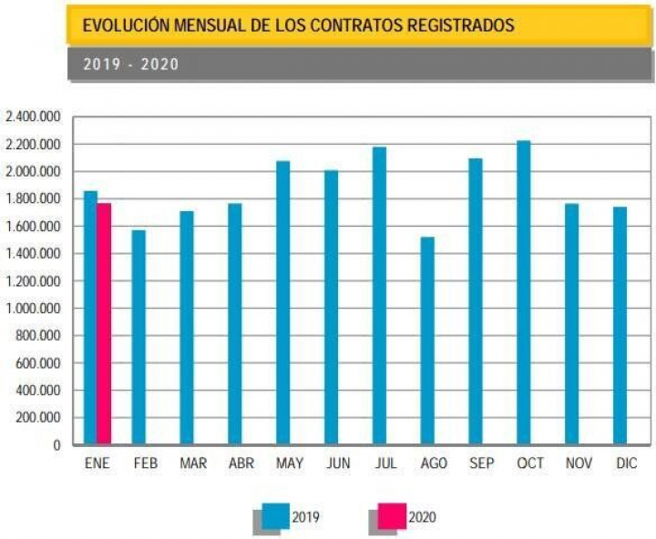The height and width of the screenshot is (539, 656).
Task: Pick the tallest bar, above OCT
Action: (523, 292)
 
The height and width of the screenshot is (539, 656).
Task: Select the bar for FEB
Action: (138, 337)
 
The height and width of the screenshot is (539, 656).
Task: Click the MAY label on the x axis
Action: (289, 463)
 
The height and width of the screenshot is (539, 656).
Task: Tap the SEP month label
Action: (481, 463)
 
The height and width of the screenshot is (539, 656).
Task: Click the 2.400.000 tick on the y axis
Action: (33, 117)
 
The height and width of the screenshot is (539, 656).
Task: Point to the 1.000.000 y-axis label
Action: (33, 309)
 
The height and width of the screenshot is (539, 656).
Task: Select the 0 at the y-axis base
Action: (56, 445)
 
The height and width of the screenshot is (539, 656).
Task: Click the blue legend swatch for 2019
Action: (274, 516)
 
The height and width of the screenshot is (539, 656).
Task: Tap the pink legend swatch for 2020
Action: (391, 516)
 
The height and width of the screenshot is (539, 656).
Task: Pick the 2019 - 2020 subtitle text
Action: (131, 65)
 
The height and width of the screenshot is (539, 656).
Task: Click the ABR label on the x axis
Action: (241, 463)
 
